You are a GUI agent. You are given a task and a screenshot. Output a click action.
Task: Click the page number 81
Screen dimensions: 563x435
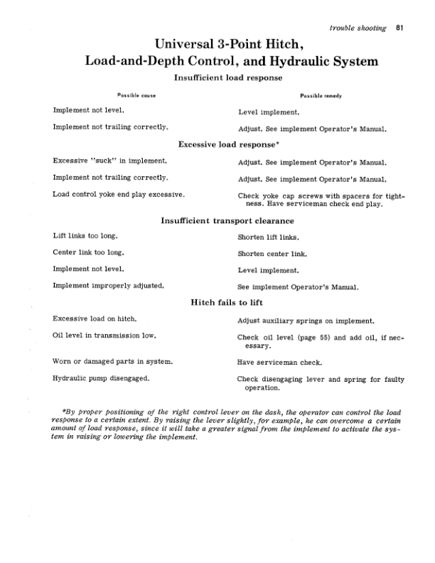400,28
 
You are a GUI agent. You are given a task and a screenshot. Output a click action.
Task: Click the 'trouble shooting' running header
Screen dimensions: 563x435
358,28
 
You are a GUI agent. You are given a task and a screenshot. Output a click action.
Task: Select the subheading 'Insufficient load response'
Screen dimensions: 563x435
228,77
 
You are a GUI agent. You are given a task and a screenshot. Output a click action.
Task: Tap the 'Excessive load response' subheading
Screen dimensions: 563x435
229,144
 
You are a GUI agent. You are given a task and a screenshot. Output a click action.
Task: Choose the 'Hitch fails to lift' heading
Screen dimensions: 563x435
228,302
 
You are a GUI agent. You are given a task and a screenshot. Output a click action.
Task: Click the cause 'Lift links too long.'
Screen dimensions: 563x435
85,235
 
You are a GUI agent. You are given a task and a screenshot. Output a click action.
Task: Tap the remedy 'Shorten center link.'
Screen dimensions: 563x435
272,253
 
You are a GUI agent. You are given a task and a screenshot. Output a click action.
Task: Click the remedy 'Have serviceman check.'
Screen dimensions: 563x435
279,363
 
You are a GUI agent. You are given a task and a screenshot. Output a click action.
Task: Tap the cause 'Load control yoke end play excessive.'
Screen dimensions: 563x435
119,194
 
